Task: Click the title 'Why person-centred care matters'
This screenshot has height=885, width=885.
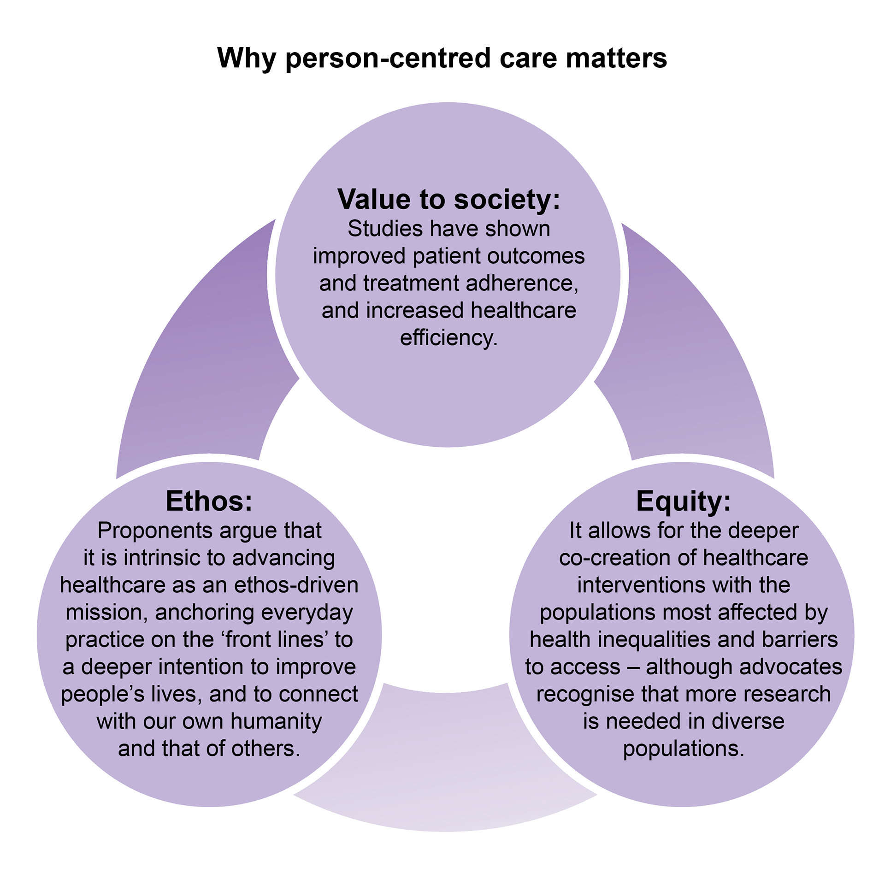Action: pos(442,58)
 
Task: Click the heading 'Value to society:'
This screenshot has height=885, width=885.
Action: pos(448,200)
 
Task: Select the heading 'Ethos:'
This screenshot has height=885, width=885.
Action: pos(209,501)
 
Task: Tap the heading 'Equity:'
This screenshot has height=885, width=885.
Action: pos(683,501)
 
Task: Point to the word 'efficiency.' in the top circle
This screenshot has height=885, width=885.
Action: pos(448,338)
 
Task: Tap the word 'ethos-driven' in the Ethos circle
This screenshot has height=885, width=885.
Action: pos(296,585)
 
